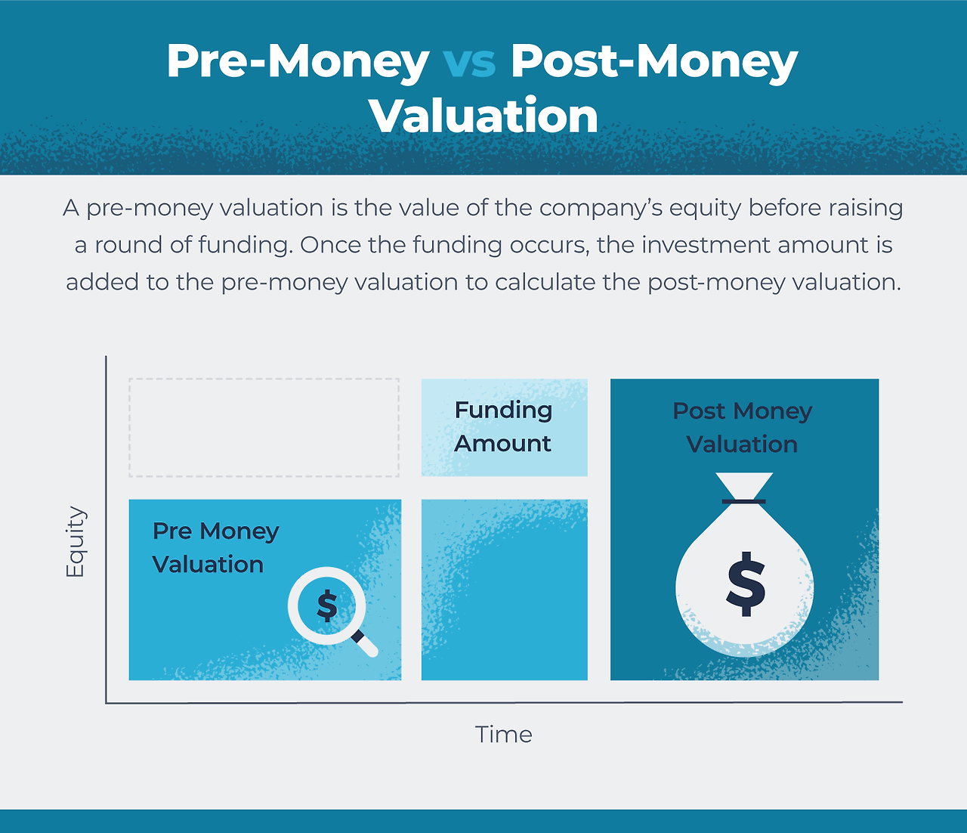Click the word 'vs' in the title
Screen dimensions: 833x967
pyautogui.click(x=469, y=62)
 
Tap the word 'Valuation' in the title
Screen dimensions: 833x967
pyautogui.click(x=483, y=116)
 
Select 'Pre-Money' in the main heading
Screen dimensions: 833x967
pyautogui.click(x=298, y=62)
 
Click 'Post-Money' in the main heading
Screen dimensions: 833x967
pyautogui.click(x=653, y=62)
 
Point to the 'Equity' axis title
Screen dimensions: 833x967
pyautogui.click(x=76, y=542)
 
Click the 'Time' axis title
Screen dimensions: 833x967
pyautogui.click(x=504, y=735)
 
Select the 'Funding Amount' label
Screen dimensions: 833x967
pyautogui.click(x=503, y=427)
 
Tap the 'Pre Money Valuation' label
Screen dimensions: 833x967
pyautogui.click(x=215, y=548)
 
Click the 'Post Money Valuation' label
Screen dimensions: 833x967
pyautogui.click(x=743, y=428)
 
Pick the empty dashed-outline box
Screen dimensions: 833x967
pyautogui.click(x=264, y=428)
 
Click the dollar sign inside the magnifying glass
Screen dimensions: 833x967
pyautogui.click(x=327, y=605)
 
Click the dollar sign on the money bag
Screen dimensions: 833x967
pyautogui.click(x=746, y=583)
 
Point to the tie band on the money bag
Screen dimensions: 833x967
pyautogui.click(x=744, y=501)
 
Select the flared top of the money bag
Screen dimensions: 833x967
pyautogui.click(x=744, y=484)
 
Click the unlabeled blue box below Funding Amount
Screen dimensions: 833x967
pyautogui.click(x=504, y=590)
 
